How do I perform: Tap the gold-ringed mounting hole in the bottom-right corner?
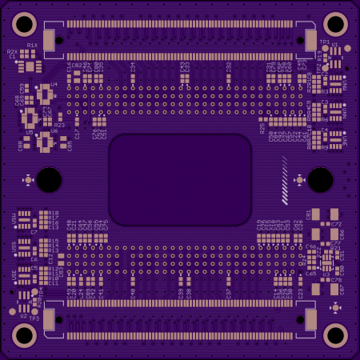(x=335, y=335)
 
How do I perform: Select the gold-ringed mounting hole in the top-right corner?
(x=335, y=23)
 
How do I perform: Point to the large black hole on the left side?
(x=49, y=179)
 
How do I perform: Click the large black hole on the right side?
(x=320, y=179)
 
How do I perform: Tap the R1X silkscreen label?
(x=32, y=45)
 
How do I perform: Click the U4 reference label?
(x=54, y=84)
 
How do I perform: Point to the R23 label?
(x=58, y=125)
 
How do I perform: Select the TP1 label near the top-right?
(x=325, y=42)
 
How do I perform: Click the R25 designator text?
(x=262, y=126)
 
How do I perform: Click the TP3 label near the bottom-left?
(x=34, y=318)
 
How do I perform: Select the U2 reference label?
(x=23, y=317)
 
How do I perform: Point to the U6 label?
(x=54, y=130)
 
